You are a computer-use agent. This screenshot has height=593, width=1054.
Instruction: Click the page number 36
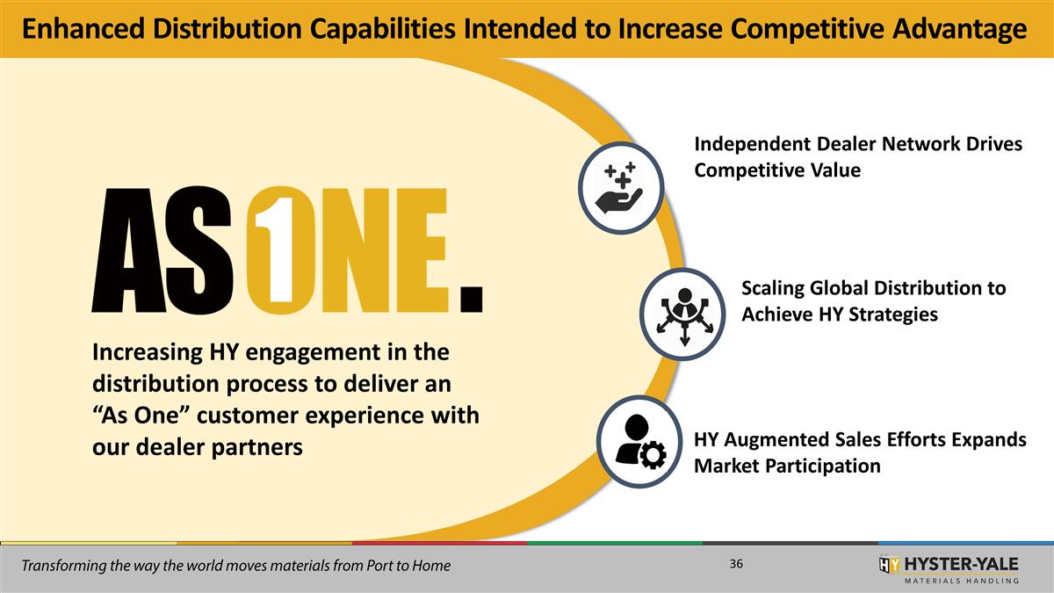coord(736,563)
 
